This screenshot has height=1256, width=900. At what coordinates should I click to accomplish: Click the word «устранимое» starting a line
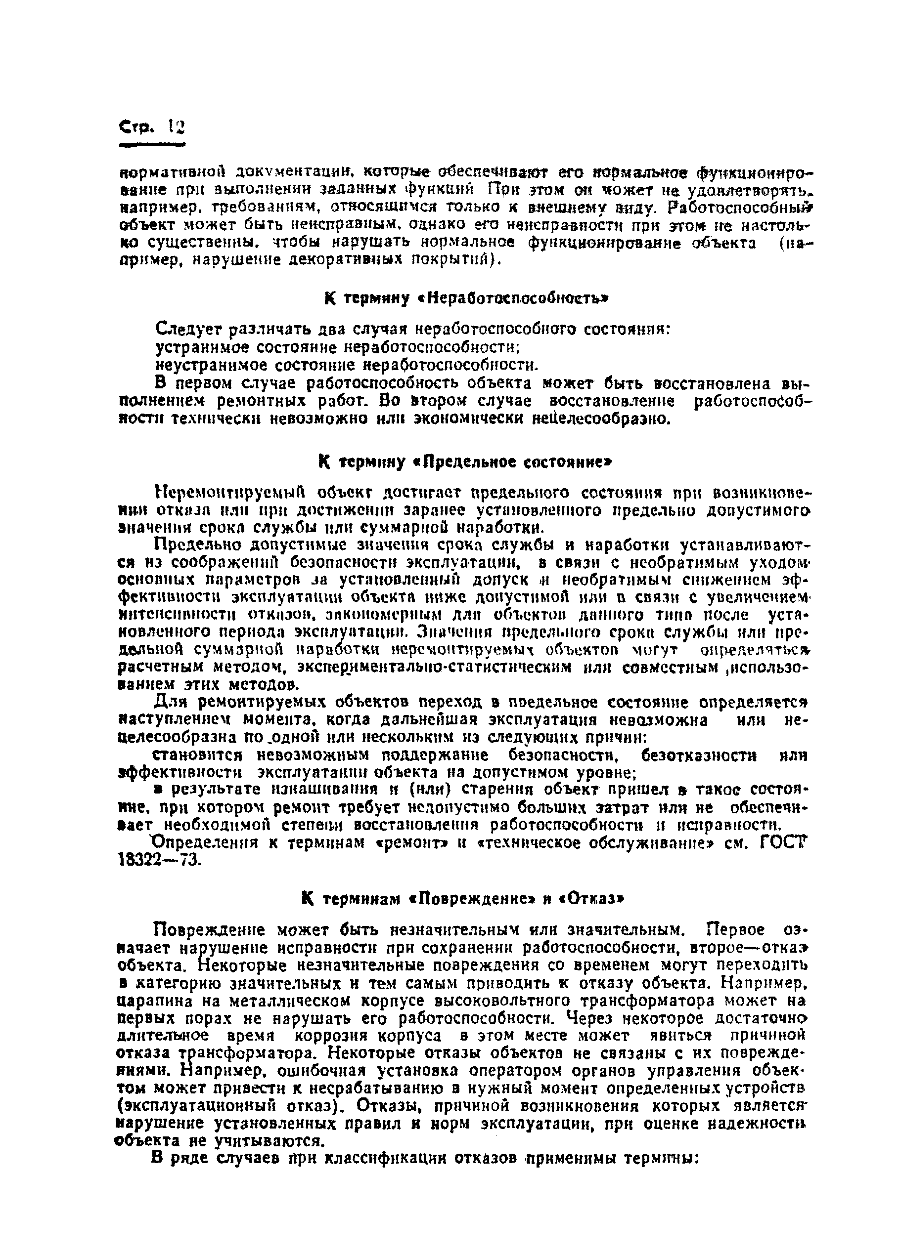pyautogui.click(x=199, y=347)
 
